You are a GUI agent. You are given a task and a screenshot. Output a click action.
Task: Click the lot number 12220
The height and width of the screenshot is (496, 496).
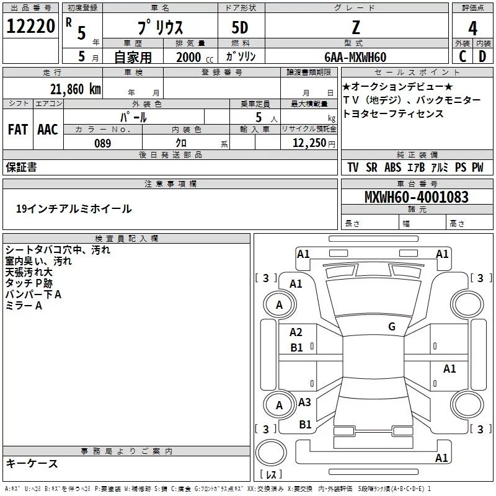click(x=30, y=27)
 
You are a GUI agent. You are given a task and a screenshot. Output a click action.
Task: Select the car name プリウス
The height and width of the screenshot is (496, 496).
click(x=160, y=29)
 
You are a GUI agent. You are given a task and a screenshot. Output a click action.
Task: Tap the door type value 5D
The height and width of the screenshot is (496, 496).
click(x=240, y=28)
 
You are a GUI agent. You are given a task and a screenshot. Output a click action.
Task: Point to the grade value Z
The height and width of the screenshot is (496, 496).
click(x=356, y=28)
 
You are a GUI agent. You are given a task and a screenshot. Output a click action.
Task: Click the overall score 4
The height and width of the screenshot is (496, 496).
click(x=473, y=29)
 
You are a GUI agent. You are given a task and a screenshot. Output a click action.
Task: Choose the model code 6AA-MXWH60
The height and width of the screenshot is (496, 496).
click(x=356, y=57)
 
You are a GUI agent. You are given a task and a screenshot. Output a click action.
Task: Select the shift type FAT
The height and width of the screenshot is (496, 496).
click(x=17, y=130)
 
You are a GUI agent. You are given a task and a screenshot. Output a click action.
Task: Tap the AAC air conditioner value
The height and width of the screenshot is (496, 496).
click(x=47, y=130)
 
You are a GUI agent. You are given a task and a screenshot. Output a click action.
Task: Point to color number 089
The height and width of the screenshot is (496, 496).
click(x=102, y=143)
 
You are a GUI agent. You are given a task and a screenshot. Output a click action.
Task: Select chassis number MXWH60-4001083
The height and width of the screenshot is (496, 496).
click(x=417, y=197)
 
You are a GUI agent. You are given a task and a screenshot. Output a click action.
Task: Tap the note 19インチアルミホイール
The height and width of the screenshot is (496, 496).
click(x=74, y=209)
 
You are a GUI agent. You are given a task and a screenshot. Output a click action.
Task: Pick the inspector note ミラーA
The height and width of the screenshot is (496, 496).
click(x=24, y=306)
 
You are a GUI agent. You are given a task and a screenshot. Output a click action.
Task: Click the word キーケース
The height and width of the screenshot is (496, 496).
click(x=32, y=463)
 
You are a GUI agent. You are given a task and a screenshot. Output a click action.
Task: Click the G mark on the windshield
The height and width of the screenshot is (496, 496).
click(x=391, y=327)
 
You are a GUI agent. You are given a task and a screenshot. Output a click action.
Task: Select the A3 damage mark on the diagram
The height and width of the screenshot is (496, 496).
click(x=304, y=402)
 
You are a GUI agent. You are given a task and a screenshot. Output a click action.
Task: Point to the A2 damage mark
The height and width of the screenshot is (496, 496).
click(x=296, y=332)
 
